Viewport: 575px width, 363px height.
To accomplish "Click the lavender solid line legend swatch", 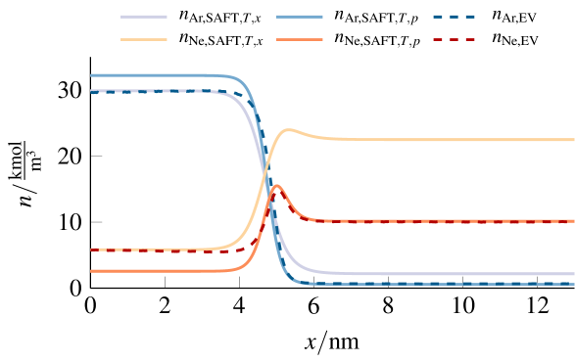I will (x=144, y=17).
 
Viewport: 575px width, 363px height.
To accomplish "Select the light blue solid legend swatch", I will (x=300, y=17).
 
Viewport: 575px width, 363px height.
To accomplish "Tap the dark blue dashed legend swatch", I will (x=455, y=17).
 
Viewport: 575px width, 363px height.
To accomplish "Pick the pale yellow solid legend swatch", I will (x=144, y=40).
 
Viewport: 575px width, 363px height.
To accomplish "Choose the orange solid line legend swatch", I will (x=300, y=40).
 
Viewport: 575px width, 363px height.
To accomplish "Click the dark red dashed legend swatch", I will (x=455, y=40).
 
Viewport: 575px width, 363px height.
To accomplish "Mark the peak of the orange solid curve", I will (x=277, y=185).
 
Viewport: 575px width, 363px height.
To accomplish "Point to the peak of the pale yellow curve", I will (x=289, y=130).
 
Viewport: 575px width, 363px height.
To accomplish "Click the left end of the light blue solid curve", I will (x=91, y=75).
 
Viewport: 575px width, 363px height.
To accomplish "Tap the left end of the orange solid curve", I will (x=91, y=271).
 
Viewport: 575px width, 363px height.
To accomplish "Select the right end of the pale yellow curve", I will (x=574, y=140).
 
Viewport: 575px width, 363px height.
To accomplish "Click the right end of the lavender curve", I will (x=574, y=274).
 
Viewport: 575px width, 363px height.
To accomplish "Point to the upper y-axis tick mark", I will (x=96, y=156).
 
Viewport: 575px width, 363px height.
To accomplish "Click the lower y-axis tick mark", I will (x=96, y=222).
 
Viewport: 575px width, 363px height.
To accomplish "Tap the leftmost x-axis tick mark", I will (x=165, y=282).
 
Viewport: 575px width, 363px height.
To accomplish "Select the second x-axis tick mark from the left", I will (x=239, y=282).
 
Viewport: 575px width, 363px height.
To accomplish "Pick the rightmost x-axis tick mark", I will (x=537, y=282).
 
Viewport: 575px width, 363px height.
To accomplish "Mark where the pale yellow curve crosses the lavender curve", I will (x=264, y=173).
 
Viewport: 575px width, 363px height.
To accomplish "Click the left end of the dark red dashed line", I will (x=91, y=250).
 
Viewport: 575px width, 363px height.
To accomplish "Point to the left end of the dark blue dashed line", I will (x=91, y=92).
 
